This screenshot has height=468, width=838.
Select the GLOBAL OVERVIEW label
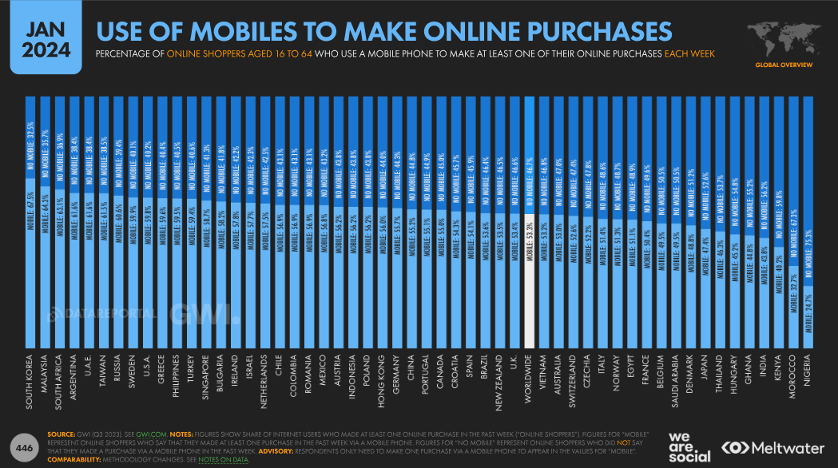point(783,64)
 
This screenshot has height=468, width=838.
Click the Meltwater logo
point(772,447)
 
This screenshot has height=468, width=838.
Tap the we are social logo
point(688,447)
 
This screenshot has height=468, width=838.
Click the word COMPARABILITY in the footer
point(78,459)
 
